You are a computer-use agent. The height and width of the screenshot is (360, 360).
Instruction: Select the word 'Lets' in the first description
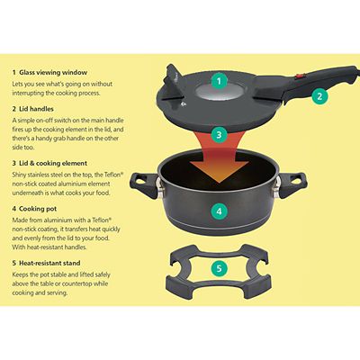(19, 82)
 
